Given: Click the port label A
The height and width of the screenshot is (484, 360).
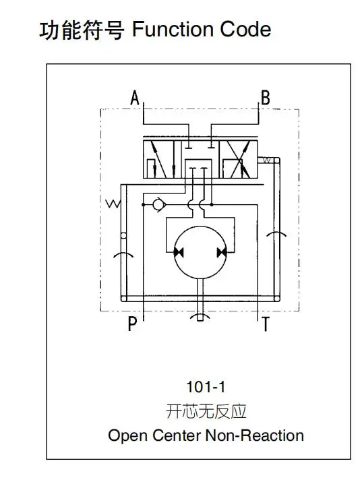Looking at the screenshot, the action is tap(135, 98).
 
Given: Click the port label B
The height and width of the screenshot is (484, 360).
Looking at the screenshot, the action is tap(266, 98).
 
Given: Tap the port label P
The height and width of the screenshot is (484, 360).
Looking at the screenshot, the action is tap(132, 324).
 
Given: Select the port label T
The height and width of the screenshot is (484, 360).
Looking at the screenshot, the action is tap(266, 324).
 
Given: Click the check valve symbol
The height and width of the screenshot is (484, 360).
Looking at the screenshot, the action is tap(159, 204).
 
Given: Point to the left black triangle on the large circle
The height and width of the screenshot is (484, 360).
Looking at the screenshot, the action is tap(179, 252).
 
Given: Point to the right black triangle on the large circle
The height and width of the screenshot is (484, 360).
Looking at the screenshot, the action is tap(222, 252).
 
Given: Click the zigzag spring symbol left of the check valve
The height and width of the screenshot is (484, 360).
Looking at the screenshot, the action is tap(113, 204).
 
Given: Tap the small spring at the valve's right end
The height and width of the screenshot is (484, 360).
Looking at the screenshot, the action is tap(267, 160).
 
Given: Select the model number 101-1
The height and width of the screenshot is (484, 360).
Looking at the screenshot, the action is tap(206, 387).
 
